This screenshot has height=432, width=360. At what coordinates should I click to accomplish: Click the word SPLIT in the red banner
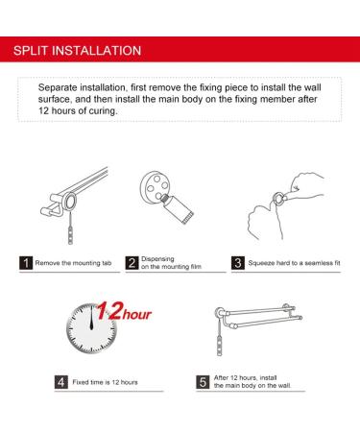(31, 51)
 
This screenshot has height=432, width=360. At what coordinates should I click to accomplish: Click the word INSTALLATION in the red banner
(96, 51)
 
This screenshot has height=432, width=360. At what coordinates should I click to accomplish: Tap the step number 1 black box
(26, 263)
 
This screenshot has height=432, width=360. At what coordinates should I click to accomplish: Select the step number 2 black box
(132, 263)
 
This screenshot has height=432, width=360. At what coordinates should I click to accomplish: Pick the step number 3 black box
(238, 263)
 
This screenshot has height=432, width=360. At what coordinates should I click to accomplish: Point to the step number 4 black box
(61, 382)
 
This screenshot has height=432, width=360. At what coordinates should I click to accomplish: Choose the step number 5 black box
(203, 382)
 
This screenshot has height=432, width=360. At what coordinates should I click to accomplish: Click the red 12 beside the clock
(108, 310)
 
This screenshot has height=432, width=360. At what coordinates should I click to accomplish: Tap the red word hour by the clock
(137, 315)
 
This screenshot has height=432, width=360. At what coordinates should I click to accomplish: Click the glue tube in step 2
(177, 208)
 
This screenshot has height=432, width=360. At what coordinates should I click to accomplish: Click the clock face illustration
(91, 328)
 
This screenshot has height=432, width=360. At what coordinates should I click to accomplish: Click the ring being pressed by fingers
(279, 199)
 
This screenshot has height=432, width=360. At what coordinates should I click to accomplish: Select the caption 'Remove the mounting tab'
(73, 263)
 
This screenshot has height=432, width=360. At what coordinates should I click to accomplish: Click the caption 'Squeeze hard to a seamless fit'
(294, 263)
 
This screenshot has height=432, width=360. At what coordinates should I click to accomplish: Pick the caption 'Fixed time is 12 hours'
(105, 382)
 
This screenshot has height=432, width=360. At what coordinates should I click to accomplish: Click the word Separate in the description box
(58, 87)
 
